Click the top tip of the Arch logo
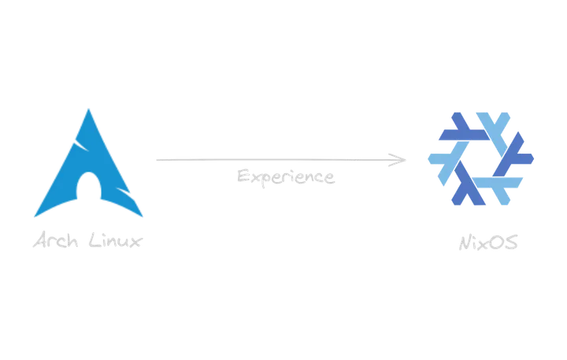89,106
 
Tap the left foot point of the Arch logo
34,217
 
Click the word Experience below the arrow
287,177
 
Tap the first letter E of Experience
239,176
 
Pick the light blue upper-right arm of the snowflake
499,126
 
